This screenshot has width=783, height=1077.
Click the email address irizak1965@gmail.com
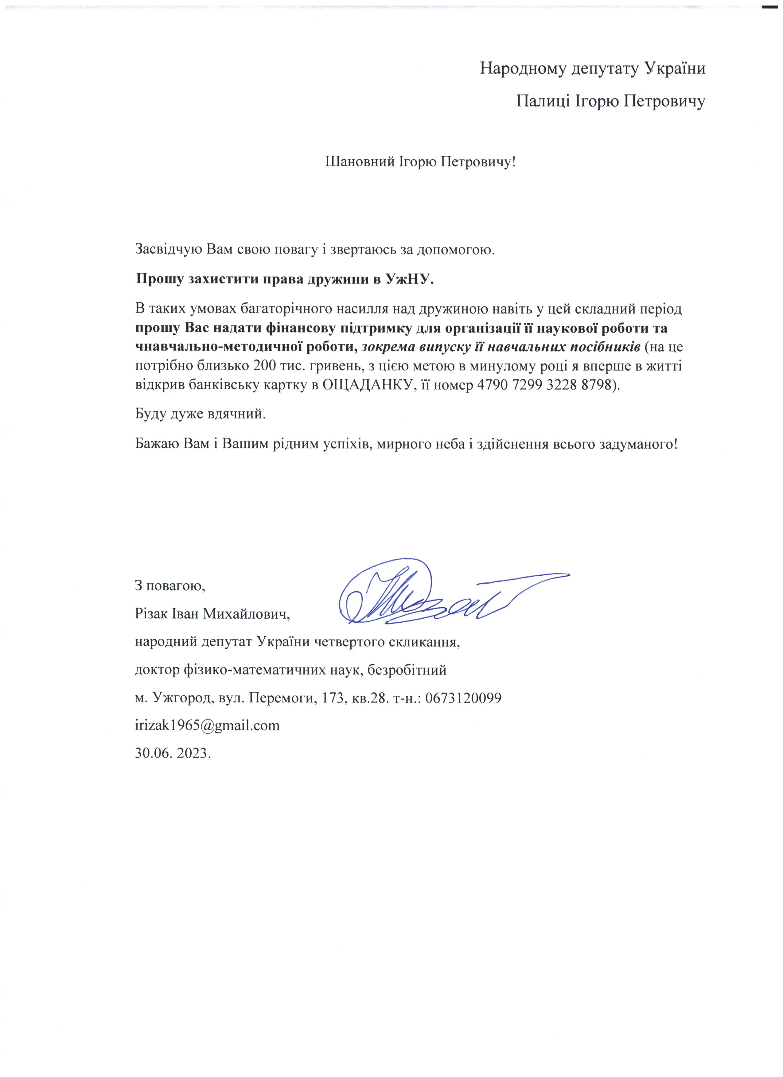click(x=208, y=725)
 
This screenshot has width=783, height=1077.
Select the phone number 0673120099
click(x=463, y=698)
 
